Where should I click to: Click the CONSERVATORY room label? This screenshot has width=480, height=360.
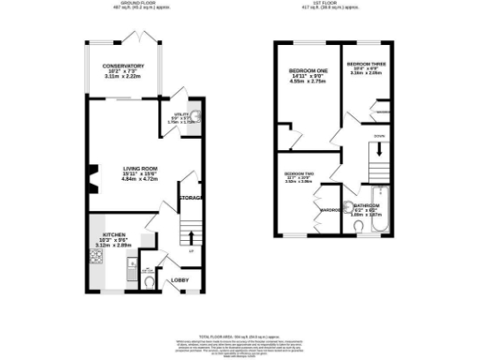point(124,67)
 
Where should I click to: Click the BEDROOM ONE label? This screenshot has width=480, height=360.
point(307,72)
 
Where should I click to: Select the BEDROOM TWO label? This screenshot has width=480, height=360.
point(298,174)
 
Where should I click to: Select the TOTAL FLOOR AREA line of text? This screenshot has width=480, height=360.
point(240,336)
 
